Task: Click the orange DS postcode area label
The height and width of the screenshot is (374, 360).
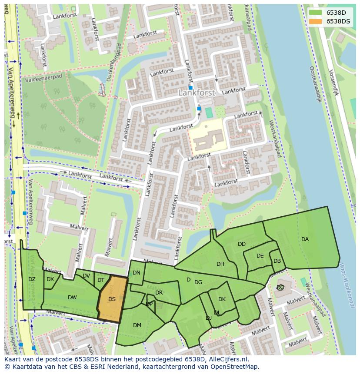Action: click(x=112, y=299)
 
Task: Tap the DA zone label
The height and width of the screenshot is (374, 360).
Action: click(x=305, y=239)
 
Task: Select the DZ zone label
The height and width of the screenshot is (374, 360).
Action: click(x=32, y=279)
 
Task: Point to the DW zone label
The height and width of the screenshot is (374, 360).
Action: click(x=72, y=298)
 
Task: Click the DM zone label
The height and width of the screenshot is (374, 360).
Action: click(x=137, y=325)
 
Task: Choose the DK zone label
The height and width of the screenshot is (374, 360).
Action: click(x=222, y=299)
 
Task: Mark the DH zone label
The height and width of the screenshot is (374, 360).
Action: click(x=220, y=264)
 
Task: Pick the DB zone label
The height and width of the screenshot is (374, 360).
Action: click(x=277, y=261)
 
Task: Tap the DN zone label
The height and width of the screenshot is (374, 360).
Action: click(x=137, y=273)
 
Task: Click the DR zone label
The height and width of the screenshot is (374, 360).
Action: click(x=159, y=293)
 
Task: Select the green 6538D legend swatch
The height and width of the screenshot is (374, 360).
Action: click(x=316, y=13)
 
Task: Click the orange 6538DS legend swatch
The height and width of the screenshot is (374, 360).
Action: click(x=316, y=21)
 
